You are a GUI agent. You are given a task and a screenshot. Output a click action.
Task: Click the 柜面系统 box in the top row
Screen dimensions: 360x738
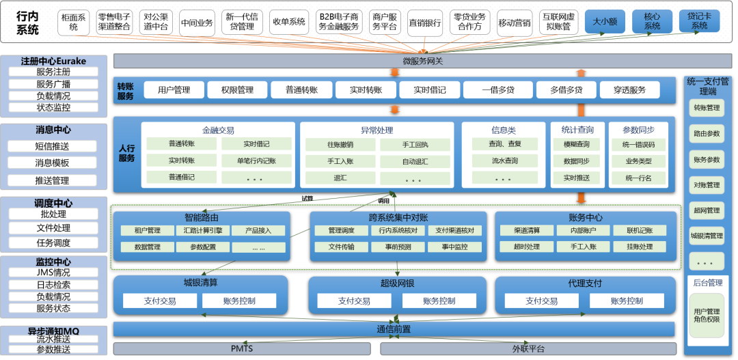73,23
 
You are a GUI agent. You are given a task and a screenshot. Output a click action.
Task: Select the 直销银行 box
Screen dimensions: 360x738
425,23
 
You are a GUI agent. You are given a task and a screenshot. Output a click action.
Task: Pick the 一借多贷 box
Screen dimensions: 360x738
497,90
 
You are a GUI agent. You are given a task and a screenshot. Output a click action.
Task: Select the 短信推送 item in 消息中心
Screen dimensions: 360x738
53,146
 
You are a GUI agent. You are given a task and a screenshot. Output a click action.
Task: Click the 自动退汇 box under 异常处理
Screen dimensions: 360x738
414,162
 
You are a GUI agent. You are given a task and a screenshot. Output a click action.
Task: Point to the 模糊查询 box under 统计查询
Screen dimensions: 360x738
576,145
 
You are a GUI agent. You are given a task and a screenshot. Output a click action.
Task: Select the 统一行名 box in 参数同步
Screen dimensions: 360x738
638,178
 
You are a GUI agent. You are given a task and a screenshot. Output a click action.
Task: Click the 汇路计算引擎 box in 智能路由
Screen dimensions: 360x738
202,231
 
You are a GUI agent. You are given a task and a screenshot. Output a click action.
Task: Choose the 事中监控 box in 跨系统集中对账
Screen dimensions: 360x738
455,247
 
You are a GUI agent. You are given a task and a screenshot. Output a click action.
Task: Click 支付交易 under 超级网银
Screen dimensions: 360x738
354,301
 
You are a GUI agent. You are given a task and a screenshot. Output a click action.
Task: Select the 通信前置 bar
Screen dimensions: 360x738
394,329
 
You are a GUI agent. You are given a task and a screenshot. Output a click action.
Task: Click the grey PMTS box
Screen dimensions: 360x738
242,349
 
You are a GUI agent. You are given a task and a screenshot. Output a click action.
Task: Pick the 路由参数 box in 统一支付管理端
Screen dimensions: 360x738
707,134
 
